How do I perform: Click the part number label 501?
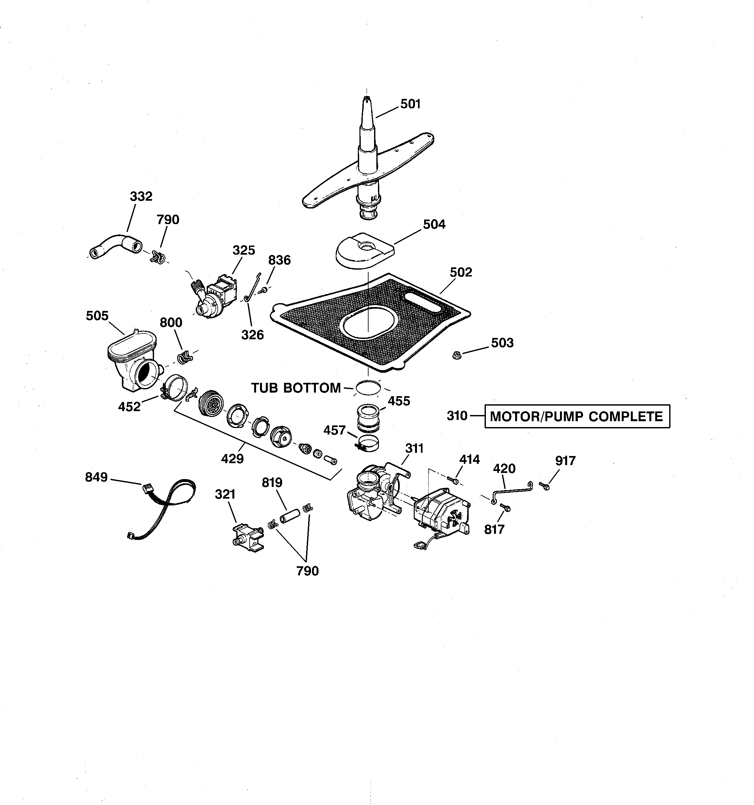pyautogui.click(x=410, y=104)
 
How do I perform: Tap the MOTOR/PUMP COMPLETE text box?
pyautogui.click(x=577, y=416)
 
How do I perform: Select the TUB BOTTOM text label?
pyautogui.click(x=296, y=388)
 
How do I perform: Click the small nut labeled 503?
pyautogui.click(x=457, y=356)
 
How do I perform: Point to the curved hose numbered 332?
pyautogui.click(x=115, y=246)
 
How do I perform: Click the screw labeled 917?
pyautogui.click(x=544, y=485)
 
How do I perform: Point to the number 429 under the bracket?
pyautogui.click(x=232, y=459)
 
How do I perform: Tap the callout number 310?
pyautogui.click(x=457, y=416)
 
